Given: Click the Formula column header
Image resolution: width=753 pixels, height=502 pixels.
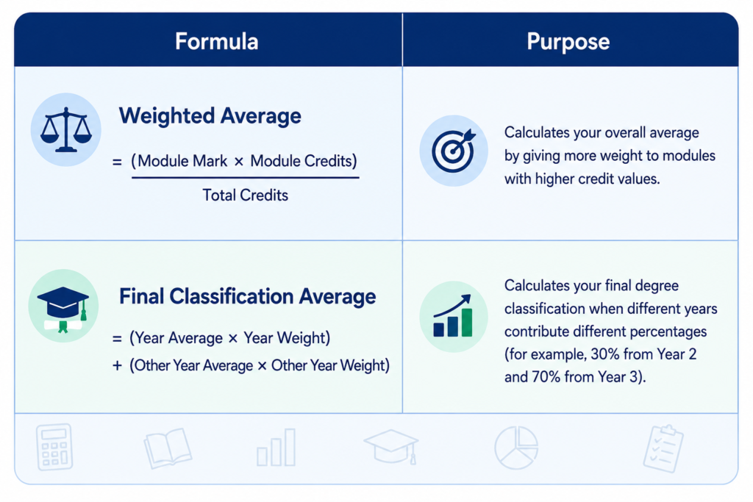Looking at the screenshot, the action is (x=217, y=41).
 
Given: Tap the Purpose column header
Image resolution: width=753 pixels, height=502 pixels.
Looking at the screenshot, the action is (x=568, y=41).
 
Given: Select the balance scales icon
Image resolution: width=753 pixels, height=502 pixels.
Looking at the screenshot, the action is (x=65, y=129).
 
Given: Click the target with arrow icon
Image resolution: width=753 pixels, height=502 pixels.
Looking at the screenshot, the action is (x=453, y=151).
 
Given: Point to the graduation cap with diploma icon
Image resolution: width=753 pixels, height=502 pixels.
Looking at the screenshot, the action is (x=63, y=309).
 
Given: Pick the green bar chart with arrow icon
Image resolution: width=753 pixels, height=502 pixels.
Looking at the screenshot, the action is (x=453, y=316).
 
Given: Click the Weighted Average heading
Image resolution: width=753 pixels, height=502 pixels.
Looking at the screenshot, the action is (x=210, y=116).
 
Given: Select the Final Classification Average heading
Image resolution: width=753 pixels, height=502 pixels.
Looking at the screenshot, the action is (x=247, y=296).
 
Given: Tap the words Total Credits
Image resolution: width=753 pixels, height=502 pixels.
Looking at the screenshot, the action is (x=245, y=195).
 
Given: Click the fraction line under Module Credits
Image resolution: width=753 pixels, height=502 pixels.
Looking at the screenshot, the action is (x=246, y=178).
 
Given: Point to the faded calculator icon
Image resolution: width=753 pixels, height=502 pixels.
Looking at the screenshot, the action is (x=54, y=446).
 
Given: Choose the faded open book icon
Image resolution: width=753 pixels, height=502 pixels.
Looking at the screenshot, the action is (x=168, y=448).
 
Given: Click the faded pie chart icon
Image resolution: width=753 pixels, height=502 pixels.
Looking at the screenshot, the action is (x=516, y=448).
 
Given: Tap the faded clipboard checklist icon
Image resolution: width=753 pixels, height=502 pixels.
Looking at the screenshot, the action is (x=663, y=448).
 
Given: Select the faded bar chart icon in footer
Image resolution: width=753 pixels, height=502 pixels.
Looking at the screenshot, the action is (x=276, y=448).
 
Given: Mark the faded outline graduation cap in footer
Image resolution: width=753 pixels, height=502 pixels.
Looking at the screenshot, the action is (x=391, y=446).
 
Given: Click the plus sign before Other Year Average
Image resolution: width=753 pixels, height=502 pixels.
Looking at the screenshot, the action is (x=117, y=366).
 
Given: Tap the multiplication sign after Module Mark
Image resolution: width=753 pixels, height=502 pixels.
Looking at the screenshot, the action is (x=239, y=162).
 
